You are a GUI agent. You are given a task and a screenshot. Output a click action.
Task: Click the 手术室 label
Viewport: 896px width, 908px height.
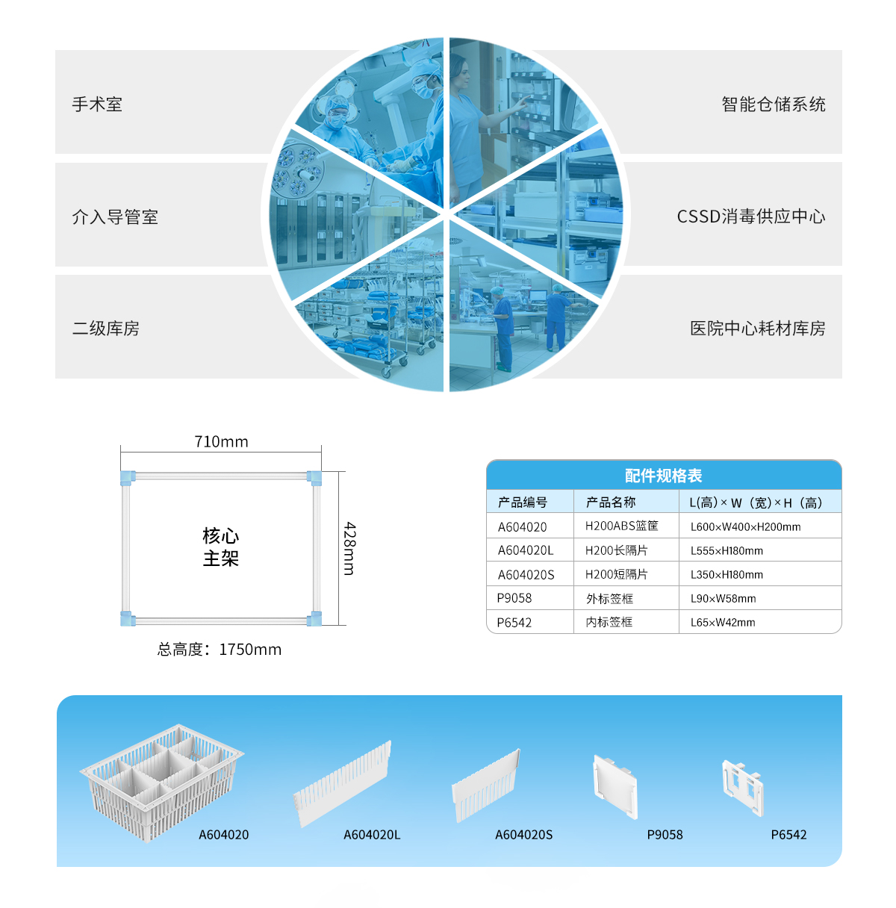point(97,105)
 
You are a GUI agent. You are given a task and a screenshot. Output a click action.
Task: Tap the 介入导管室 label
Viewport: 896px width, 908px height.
point(115,217)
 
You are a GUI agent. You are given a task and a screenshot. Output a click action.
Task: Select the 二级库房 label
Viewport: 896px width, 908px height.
point(105,329)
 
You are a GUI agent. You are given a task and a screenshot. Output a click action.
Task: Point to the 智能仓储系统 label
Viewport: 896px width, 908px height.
point(774,105)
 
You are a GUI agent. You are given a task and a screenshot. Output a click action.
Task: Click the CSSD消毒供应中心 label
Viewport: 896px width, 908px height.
point(751,217)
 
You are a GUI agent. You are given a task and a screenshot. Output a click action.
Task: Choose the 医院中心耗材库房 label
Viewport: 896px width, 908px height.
point(757,329)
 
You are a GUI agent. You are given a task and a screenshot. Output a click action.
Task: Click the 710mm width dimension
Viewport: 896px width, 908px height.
point(221,442)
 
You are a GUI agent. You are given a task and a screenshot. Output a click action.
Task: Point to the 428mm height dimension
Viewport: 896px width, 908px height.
point(349,548)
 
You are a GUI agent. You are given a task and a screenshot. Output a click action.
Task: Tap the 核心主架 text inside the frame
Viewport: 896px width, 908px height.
point(221,547)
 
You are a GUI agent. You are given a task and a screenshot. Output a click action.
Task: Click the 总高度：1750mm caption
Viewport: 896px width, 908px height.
point(220,650)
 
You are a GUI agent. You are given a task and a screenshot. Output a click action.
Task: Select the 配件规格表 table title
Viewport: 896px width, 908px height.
point(663,476)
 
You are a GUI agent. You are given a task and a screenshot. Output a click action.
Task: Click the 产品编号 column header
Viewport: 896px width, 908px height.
point(523,503)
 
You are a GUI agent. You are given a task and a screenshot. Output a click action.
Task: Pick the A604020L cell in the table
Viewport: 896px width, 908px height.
point(526,550)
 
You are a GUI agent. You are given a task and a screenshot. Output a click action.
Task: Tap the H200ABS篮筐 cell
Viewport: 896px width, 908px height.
point(621,526)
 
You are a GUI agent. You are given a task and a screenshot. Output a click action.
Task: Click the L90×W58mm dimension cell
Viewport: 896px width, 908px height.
point(723,599)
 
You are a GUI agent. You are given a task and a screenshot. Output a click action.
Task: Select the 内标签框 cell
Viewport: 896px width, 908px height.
point(609,622)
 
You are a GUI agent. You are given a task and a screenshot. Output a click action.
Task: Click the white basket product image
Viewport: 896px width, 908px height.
point(161,781)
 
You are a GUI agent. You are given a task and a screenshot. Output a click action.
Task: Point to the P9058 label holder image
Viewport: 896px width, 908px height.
point(615,786)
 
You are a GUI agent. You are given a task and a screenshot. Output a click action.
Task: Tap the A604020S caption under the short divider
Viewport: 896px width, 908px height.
point(523,835)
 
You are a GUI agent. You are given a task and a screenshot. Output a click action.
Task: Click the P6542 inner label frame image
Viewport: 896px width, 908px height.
point(744,787)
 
